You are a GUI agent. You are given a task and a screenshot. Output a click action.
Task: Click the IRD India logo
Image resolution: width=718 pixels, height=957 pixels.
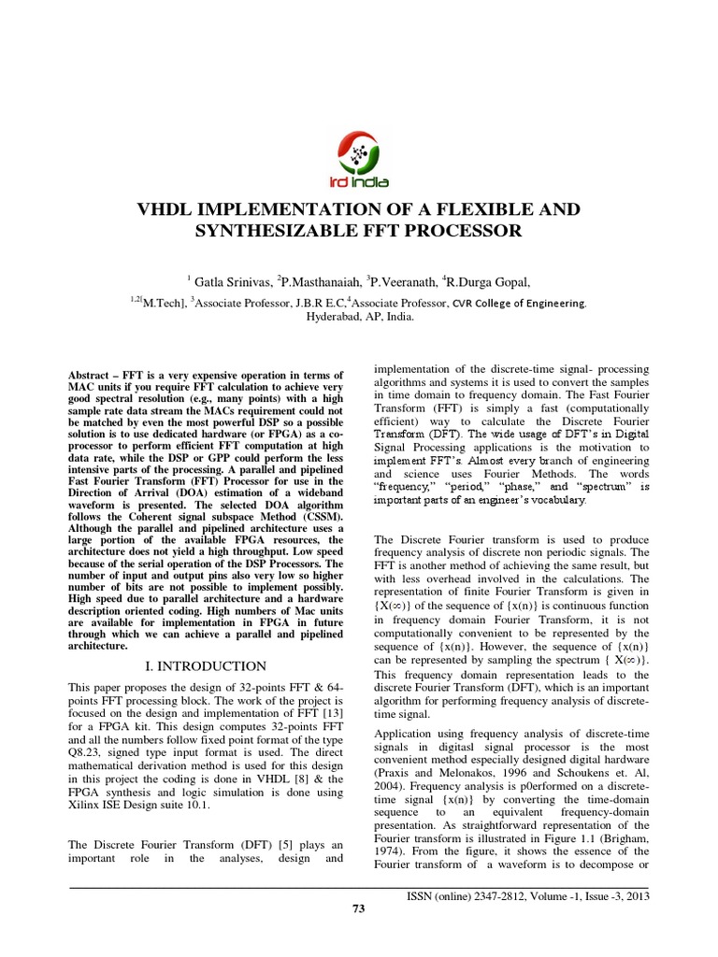(358, 158)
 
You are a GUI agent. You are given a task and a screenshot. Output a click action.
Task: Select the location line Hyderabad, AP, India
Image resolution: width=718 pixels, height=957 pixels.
(360, 317)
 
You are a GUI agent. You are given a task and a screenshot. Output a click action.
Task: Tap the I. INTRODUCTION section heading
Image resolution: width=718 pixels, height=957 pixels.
(207, 665)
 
